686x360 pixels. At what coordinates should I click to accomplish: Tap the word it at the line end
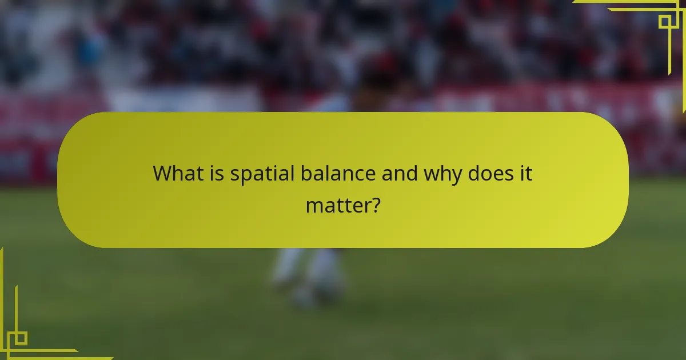tap(526, 173)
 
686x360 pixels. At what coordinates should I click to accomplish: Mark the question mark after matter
tap(374, 204)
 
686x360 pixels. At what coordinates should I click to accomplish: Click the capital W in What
tap(162, 173)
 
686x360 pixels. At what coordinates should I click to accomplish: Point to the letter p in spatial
tap(245, 175)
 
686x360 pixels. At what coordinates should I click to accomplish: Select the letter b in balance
tap(304, 173)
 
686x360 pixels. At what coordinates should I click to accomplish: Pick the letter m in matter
tap(314, 205)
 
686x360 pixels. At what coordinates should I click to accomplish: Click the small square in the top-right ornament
tap(665, 22)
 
